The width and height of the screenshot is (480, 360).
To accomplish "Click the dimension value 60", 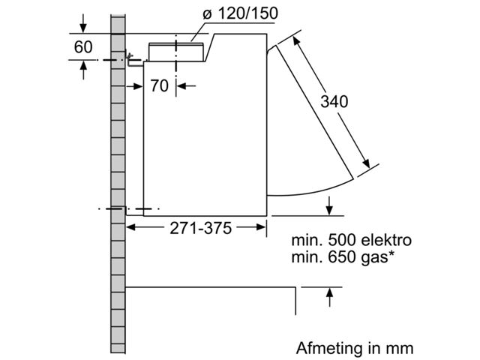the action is [x=83, y=47].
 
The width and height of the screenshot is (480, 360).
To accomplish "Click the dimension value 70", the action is [x=159, y=85].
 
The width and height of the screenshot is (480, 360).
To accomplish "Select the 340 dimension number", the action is [x=334, y=101].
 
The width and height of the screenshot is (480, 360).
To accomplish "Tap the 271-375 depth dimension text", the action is [x=200, y=228].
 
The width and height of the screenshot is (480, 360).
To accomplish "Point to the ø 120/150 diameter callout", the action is [x=241, y=13].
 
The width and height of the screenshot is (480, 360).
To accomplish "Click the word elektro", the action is [x=386, y=240].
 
